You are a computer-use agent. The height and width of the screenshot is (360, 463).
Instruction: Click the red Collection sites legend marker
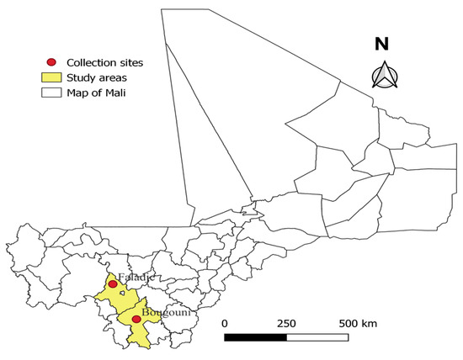[51, 62]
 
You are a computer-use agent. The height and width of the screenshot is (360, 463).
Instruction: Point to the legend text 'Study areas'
[94, 77]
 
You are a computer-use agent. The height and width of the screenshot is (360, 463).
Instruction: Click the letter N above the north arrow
[383, 44]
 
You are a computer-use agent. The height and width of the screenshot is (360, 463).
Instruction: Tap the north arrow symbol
[383, 75]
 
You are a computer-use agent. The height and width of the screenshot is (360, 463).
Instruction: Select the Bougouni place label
[162, 313]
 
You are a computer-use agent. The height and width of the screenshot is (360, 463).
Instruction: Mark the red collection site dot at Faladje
[113, 285]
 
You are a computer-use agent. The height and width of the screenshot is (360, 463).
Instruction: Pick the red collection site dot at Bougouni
[136, 319]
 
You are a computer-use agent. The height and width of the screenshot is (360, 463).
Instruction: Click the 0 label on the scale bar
[225, 324]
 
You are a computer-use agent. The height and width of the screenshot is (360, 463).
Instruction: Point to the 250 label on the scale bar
[285, 324]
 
